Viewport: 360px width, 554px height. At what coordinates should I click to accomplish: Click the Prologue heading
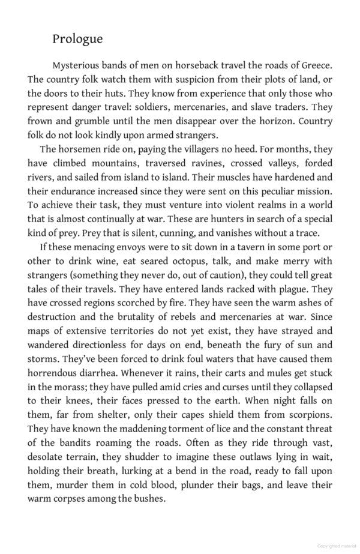click(77, 39)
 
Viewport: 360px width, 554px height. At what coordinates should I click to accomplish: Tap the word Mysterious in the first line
click(78, 65)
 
